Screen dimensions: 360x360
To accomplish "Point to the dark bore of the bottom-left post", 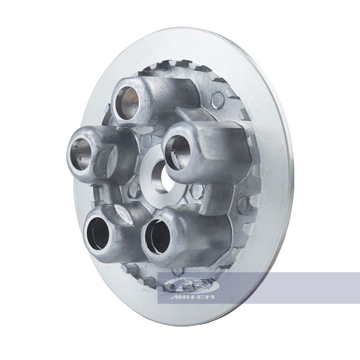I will pos(99,233).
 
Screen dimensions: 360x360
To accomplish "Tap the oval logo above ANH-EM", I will pos(192,285).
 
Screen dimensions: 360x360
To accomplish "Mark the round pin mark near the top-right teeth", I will pos(218,98).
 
